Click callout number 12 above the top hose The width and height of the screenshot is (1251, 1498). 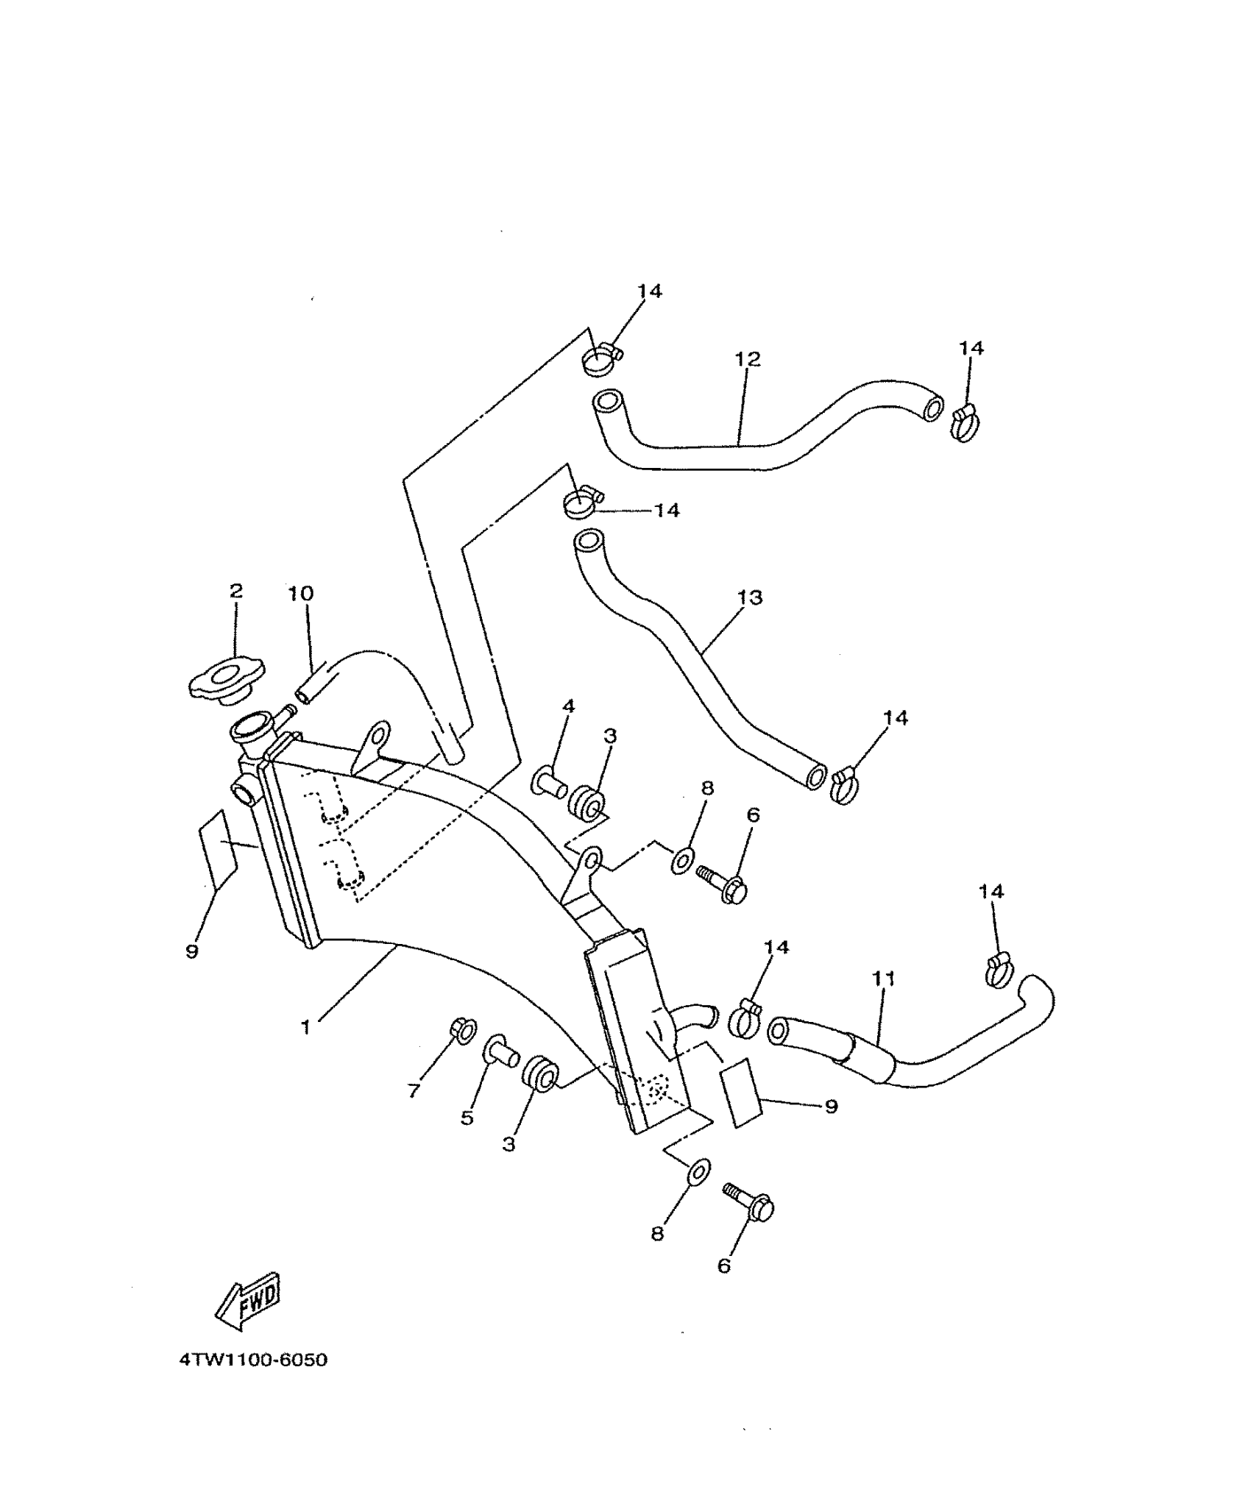coord(747,359)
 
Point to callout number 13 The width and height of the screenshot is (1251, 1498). coord(751,597)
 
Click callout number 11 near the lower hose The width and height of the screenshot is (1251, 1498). coord(884,979)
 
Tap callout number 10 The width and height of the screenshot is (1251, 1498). coord(300,593)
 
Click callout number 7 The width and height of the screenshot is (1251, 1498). coord(414,1091)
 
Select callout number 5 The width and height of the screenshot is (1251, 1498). coord(467,1118)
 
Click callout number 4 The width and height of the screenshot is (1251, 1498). coord(568,707)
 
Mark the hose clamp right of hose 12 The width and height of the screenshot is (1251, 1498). coord(964,425)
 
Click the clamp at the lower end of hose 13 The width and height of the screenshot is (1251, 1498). coord(846,787)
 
